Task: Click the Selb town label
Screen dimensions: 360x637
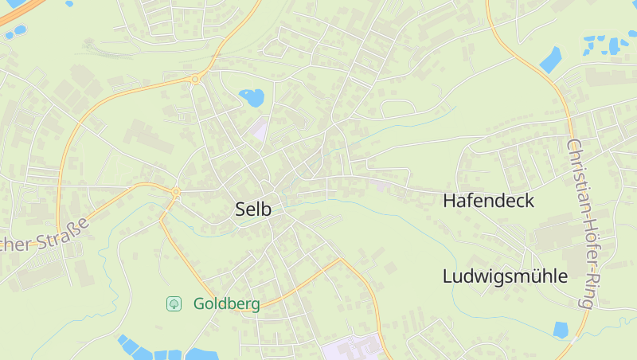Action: [253, 209]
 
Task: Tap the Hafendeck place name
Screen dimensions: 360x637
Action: [488, 201]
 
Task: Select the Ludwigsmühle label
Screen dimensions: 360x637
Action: [505, 277]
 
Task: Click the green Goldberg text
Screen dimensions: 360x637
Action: [226, 304]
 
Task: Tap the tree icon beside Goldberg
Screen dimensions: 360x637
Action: [174, 303]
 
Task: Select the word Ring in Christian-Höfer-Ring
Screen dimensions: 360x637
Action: [588, 290]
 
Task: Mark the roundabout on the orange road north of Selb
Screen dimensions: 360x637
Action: [195, 79]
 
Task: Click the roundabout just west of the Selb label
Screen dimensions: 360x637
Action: [175, 192]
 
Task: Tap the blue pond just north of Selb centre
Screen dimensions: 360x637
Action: [252, 98]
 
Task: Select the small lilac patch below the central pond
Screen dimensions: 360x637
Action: [259, 128]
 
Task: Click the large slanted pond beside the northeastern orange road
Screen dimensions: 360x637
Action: [549, 59]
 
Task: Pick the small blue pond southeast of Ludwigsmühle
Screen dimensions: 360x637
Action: [561, 329]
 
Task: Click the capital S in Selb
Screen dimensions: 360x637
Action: [240, 209]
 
